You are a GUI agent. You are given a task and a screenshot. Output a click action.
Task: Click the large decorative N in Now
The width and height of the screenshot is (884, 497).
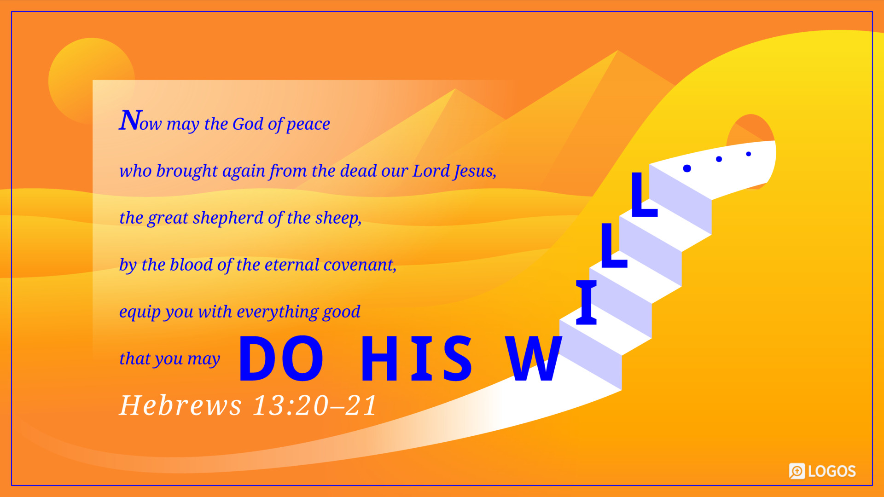pos(130,121)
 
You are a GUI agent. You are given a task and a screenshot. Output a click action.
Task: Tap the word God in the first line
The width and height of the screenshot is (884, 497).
pos(248,124)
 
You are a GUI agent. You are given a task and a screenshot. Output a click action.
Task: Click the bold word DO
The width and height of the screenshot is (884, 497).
pos(281,358)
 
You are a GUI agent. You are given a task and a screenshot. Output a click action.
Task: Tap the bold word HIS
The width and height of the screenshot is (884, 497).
pos(417,358)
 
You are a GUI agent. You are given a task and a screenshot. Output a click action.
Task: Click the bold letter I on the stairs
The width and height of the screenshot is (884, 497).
pos(587,302)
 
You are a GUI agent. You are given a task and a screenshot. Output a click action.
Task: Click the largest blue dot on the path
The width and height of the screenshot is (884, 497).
pos(687,168)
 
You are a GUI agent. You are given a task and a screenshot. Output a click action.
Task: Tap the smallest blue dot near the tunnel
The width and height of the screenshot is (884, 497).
pos(749,154)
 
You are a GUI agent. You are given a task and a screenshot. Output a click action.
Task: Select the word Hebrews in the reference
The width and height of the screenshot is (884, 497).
pos(180,405)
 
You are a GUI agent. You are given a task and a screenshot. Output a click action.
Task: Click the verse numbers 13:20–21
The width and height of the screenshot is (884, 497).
pos(315,405)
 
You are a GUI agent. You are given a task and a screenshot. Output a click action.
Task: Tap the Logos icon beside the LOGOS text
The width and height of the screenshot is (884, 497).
pos(797,471)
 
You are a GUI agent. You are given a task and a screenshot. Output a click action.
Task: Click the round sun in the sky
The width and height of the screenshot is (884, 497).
pos(91,81)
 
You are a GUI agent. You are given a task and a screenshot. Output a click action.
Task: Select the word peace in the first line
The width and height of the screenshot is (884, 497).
pos(308,124)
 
